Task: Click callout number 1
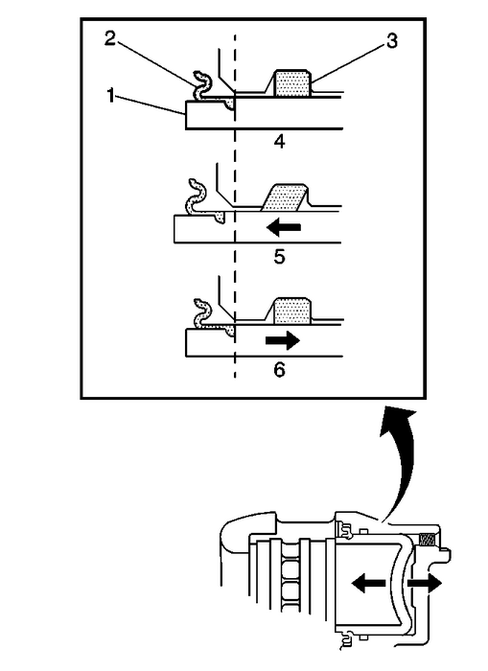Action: click(x=111, y=96)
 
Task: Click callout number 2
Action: click(x=110, y=39)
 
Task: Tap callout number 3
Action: click(x=392, y=41)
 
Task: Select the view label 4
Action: click(x=280, y=141)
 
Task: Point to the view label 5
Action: click(x=279, y=257)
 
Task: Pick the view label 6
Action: click(x=279, y=369)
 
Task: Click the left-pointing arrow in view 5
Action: click(x=284, y=227)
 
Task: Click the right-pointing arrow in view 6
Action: click(x=283, y=340)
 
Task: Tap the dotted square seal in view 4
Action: click(x=292, y=83)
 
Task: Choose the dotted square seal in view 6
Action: click(x=291, y=312)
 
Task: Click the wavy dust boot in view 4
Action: click(x=201, y=85)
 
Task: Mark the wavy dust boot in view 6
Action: click(x=201, y=313)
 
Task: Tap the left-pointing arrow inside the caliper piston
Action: click(x=368, y=583)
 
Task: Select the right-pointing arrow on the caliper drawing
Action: click(x=424, y=584)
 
